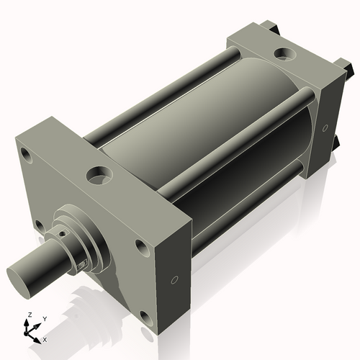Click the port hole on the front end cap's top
coord(97,174)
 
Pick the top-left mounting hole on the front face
coord(28,155)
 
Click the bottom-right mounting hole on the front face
coord(147,318)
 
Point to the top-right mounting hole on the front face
coord(141,248)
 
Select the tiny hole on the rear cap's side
coord(325,128)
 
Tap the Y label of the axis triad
coord(45,318)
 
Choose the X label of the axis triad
coord(45,338)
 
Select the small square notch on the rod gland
coord(81,266)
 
